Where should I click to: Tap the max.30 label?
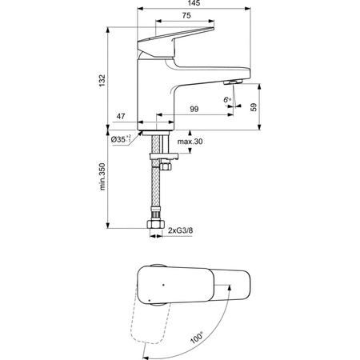pyautogui.click(x=190, y=142)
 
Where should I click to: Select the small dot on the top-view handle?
pyautogui.click(x=162, y=284)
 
